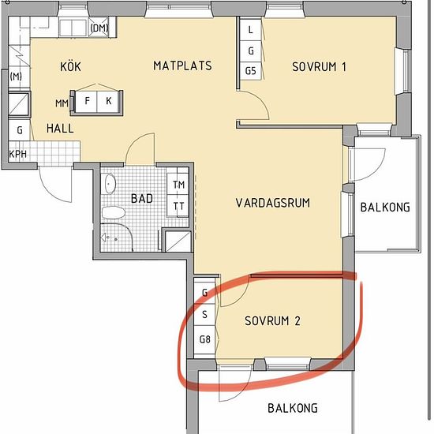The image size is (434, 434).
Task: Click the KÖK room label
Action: click(x=70, y=66)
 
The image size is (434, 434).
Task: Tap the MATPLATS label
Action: click(x=183, y=65)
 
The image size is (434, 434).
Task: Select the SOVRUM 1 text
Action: click(x=319, y=67)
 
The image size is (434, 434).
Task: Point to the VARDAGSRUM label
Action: click(x=273, y=203)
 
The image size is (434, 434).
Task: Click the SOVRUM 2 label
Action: click(x=272, y=321)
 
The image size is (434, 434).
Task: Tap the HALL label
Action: click(x=60, y=129)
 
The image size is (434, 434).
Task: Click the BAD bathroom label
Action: click(x=142, y=198)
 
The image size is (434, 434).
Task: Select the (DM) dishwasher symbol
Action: click(x=99, y=27)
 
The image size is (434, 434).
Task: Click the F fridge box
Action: click(x=87, y=101)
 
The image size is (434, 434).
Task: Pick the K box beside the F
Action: click(x=108, y=101)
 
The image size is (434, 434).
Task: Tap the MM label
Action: click(x=62, y=103)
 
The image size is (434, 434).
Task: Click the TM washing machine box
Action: click(x=178, y=184)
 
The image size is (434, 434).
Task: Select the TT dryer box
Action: click(x=178, y=205)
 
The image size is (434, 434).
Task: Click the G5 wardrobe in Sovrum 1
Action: click(x=250, y=71)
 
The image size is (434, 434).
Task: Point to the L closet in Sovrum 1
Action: click(x=250, y=30)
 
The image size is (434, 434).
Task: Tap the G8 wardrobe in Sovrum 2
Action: click(x=205, y=339)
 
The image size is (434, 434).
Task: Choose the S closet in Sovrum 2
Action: click(x=205, y=314)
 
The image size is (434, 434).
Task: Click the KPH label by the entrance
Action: click(x=18, y=154)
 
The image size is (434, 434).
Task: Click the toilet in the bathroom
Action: click(x=114, y=212)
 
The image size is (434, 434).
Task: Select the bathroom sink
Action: click(x=110, y=184)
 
